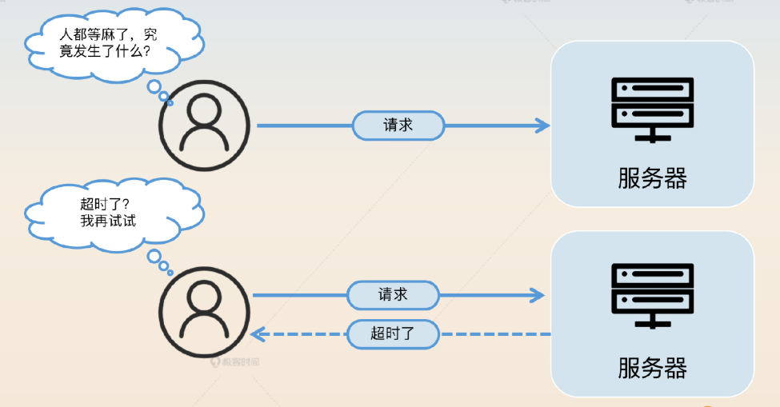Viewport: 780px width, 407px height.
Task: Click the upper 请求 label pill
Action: click(x=398, y=126)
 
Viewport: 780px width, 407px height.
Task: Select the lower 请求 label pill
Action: click(x=393, y=295)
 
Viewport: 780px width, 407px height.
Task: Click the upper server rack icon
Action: click(x=652, y=109)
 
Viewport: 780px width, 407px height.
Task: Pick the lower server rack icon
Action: click(x=652, y=294)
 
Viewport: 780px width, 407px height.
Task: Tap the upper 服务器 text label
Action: click(x=652, y=178)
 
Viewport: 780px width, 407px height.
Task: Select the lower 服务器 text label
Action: click(x=652, y=368)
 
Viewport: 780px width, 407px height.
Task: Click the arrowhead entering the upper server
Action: click(x=542, y=126)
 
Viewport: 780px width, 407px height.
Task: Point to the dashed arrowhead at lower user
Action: click(x=256, y=334)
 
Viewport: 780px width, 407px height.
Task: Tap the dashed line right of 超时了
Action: click(x=496, y=334)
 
